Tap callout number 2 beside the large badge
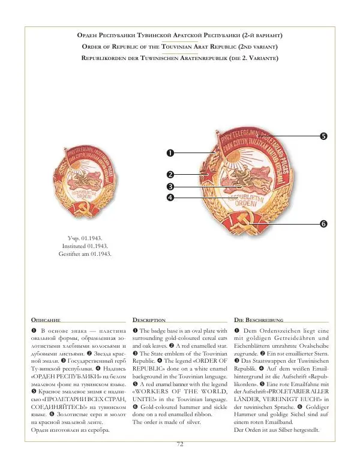[x=170, y=174]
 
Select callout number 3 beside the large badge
[x=170, y=187]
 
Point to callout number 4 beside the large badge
[x=170, y=197]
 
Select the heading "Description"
[x=148, y=320]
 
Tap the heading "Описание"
[x=45, y=320]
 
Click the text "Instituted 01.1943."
[x=88, y=246]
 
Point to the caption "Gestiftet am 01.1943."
[x=88, y=254]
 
